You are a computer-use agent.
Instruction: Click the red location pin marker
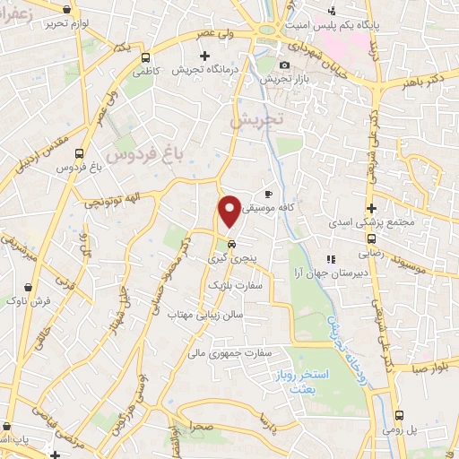click(x=230, y=210)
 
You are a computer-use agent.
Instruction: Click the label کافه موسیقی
click(x=304, y=205)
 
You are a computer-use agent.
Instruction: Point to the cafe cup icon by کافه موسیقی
click(x=268, y=194)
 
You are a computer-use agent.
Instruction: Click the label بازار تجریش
click(x=284, y=79)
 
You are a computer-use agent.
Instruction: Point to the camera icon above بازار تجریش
click(x=285, y=65)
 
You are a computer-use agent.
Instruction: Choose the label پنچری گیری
click(x=232, y=257)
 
